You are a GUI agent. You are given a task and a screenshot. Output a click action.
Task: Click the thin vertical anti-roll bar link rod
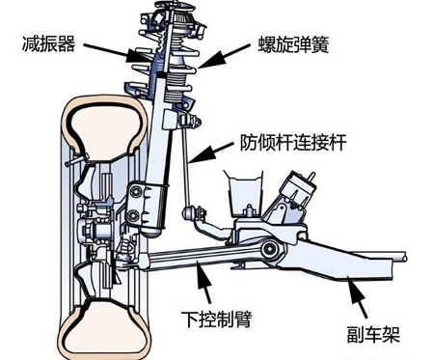186,169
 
